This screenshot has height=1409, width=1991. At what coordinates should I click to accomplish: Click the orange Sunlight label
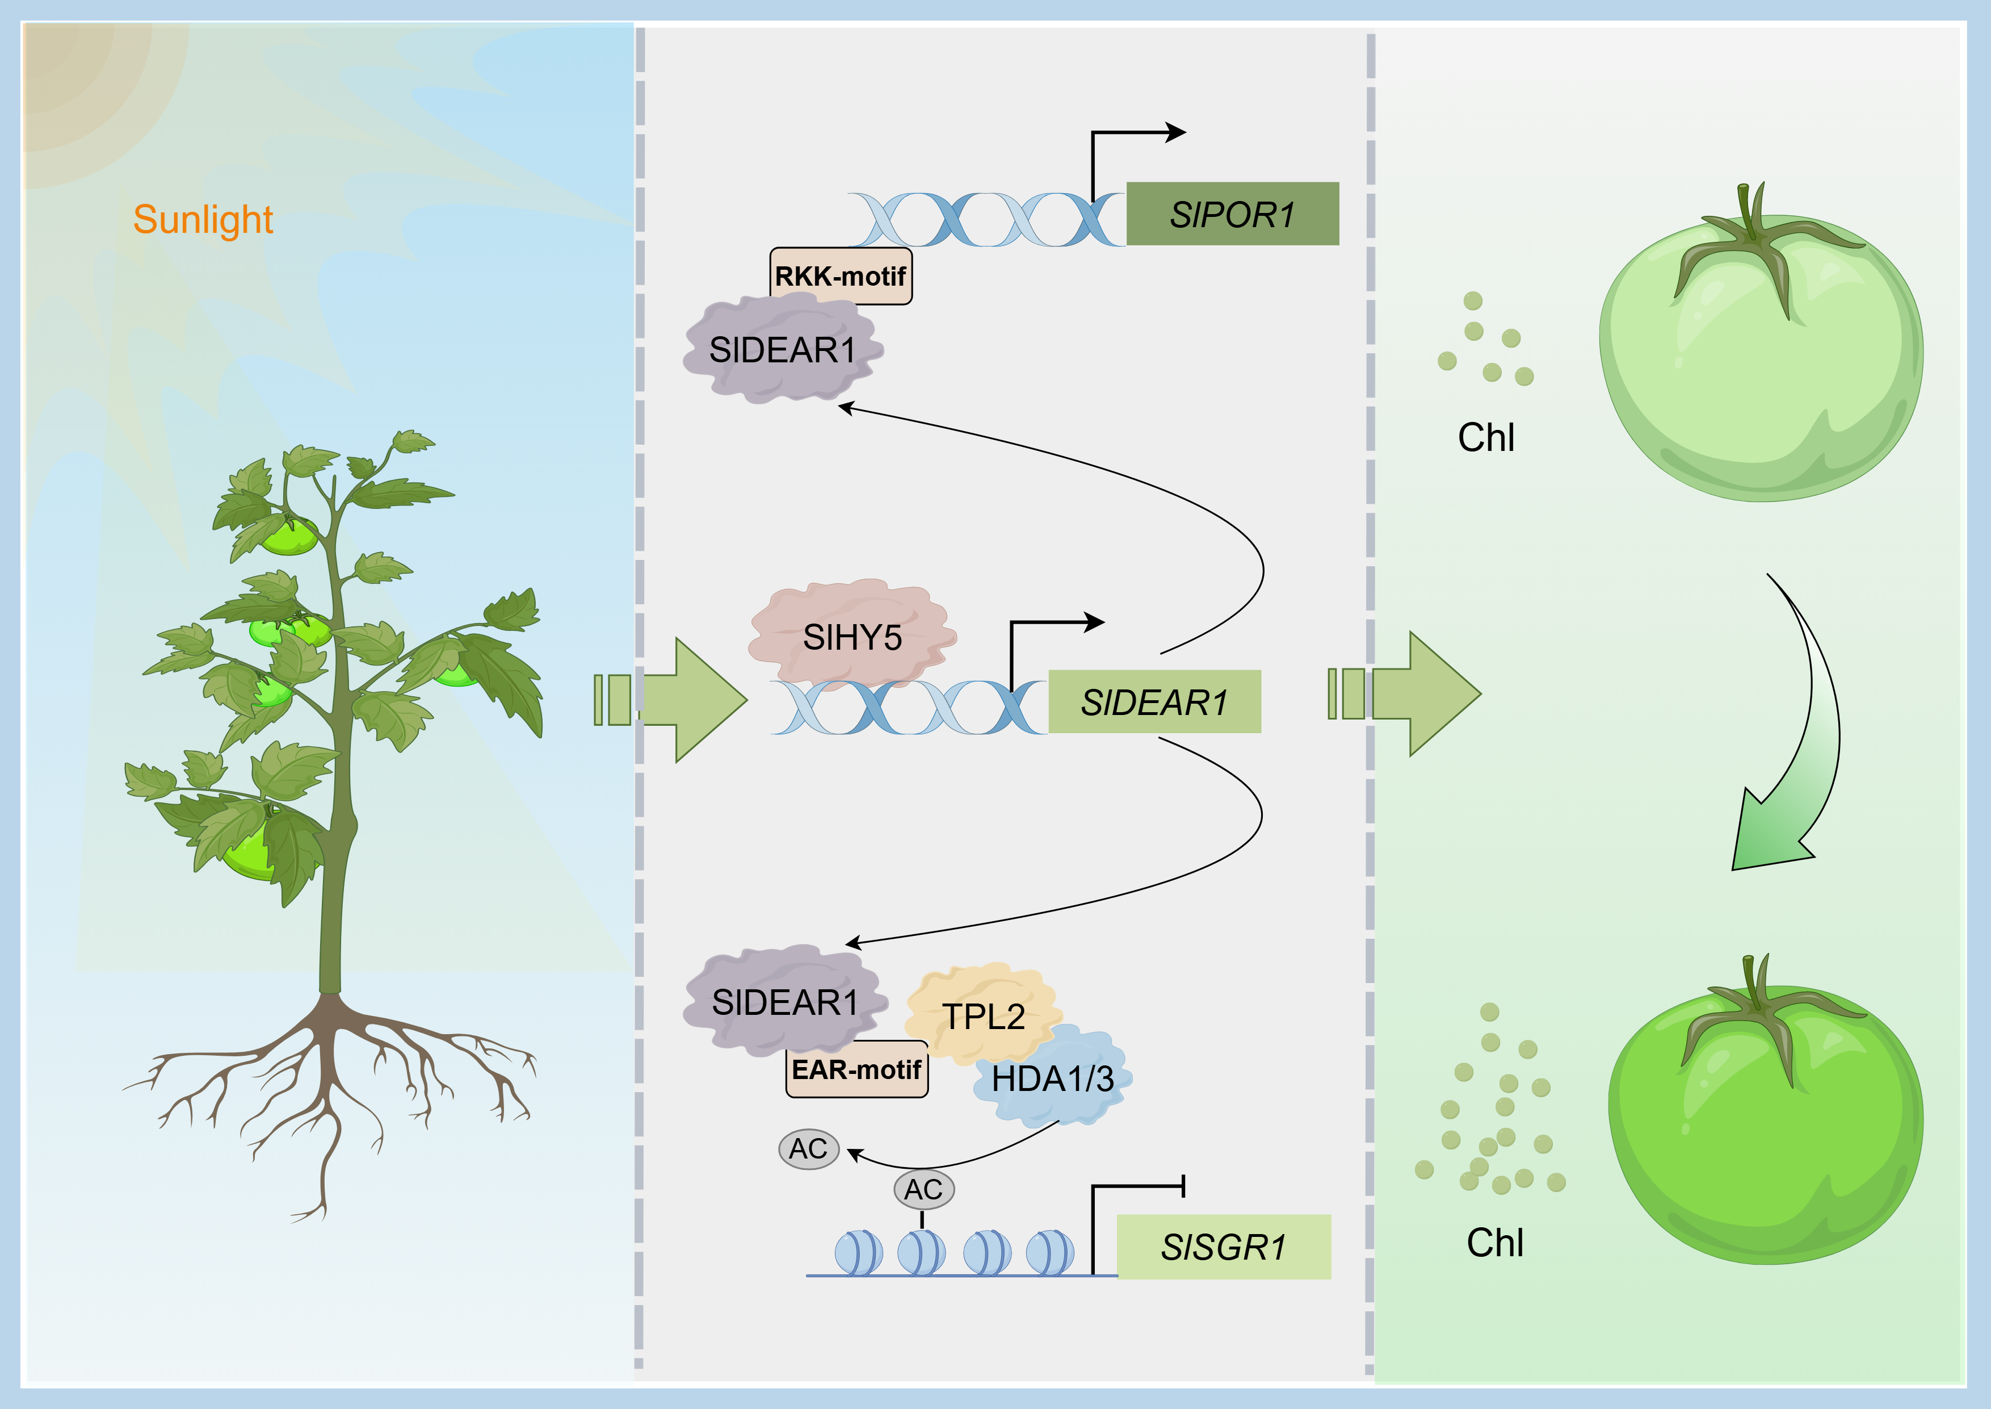pos(203,220)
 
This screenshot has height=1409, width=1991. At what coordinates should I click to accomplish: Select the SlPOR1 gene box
pos(1232,214)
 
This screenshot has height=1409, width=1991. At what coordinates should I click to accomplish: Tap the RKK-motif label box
pos(841,276)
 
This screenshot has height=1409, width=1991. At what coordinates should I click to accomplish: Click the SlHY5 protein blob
pos(852,636)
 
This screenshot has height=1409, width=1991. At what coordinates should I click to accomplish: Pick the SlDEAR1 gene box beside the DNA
pos(1154,702)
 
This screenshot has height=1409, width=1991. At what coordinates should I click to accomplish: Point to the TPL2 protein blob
pos(984,1013)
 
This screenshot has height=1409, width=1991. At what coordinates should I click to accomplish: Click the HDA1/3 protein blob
pos(1052,1078)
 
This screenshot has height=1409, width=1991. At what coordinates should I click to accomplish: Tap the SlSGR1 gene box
pos(1224,1247)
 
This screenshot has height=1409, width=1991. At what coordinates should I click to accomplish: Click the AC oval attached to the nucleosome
pos(923,1189)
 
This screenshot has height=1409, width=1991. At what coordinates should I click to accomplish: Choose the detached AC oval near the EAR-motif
pos(808,1149)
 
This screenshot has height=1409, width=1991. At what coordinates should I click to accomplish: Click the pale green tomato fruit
pos(1761,356)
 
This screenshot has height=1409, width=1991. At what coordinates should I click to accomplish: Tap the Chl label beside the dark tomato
pos(1495,1243)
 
